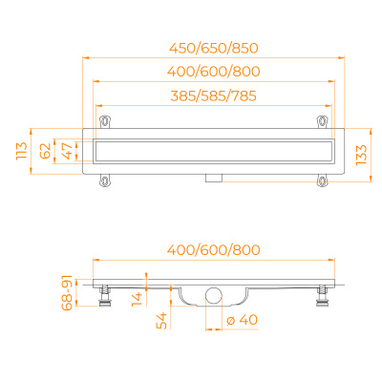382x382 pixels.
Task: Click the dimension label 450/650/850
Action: coord(214,48)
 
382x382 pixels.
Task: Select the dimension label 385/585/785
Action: coord(214,95)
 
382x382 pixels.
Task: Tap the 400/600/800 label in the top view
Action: coord(214,72)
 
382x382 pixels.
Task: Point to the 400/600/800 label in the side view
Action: coord(214,250)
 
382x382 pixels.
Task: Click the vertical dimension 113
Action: coord(22,151)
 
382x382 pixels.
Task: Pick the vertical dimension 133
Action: coord(361,155)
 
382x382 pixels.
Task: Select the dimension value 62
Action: coord(46,151)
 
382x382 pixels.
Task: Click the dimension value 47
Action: coord(67,151)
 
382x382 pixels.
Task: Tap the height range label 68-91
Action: coord(67,293)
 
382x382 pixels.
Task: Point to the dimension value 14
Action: coord(138,299)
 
